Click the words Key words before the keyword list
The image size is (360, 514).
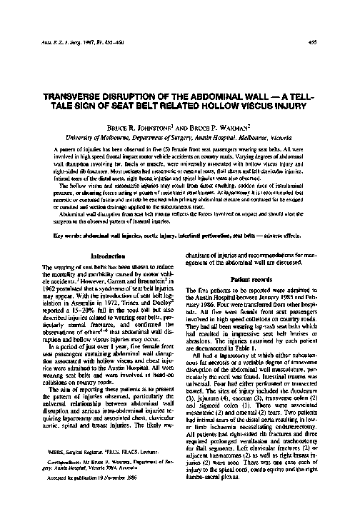[59, 235]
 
